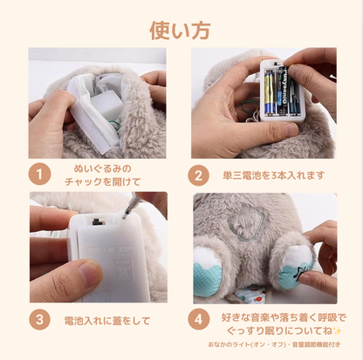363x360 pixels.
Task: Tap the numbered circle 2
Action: pos(200,173)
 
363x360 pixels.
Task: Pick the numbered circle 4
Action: pos(200,318)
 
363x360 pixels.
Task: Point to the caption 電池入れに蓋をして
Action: pos(102,318)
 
